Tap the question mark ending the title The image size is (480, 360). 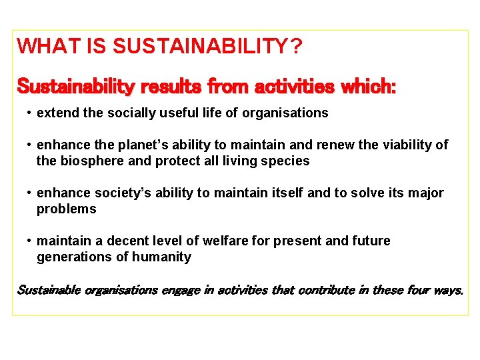(x=295, y=47)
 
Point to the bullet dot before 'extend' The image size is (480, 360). (x=30, y=113)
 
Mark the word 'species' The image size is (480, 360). (x=287, y=161)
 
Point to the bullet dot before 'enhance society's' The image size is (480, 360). (x=30, y=193)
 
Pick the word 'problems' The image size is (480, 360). (x=66, y=209)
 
